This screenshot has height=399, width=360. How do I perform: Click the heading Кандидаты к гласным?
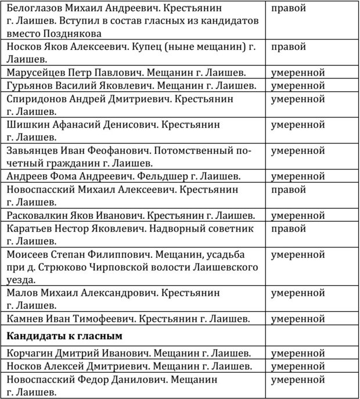pyautogui.click(x=64, y=336)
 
